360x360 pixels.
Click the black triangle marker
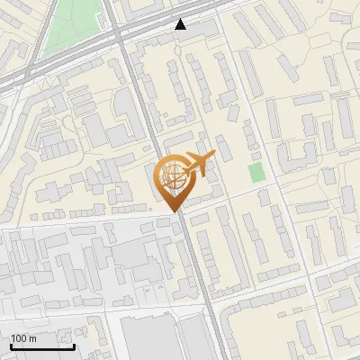click(x=181, y=24)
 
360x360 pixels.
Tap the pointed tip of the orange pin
click(x=174, y=210)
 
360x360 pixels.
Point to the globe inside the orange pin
click(x=172, y=177)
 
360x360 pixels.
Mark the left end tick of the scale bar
click(x=11, y=346)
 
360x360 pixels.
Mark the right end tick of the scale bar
click(x=74, y=346)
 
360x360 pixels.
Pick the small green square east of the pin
click(x=256, y=171)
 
